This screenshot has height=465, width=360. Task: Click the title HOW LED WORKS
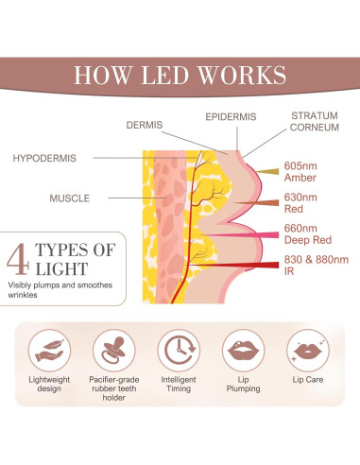point(180,75)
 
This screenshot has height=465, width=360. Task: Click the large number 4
point(17,259)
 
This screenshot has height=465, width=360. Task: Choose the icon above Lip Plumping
point(244,353)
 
